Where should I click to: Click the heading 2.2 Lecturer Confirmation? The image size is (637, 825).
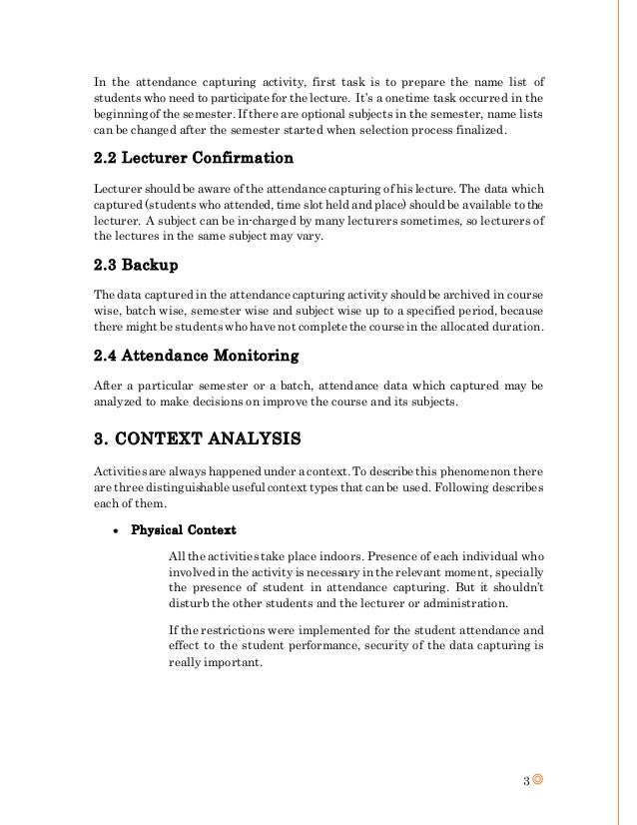pos(193,158)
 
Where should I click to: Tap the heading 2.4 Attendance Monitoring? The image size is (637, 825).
pos(196,355)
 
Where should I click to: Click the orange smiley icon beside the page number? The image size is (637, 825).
pos(540,778)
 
